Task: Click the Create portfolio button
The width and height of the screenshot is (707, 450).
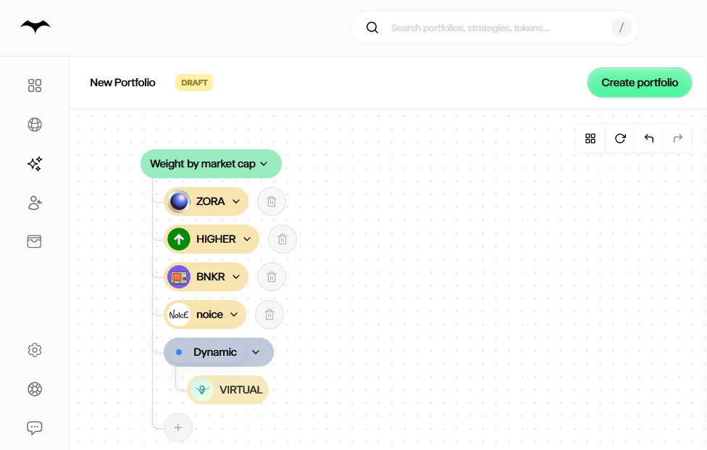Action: pyautogui.click(x=640, y=83)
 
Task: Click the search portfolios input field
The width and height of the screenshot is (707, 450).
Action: pyautogui.click(x=493, y=28)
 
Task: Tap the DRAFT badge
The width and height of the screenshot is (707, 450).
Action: pyautogui.click(x=194, y=83)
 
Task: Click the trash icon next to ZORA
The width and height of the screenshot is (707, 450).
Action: pyautogui.click(x=272, y=201)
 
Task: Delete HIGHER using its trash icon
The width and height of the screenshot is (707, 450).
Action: pyautogui.click(x=283, y=239)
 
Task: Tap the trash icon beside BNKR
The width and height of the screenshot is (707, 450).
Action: pyautogui.click(x=272, y=277)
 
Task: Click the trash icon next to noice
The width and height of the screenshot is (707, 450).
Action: pyautogui.click(x=269, y=314)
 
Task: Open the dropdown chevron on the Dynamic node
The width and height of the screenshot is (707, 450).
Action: pyautogui.click(x=256, y=352)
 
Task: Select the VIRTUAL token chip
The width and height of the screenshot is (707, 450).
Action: pyautogui.click(x=228, y=390)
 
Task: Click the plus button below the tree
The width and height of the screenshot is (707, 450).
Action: pyautogui.click(x=178, y=428)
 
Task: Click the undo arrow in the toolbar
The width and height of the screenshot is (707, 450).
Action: pyautogui.click(x=649, y=138)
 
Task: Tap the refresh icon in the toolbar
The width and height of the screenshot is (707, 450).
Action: pyautogui.click(x=620, y=138)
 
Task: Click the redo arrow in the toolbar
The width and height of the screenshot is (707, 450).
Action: pyautogui.click(x=678, y=138)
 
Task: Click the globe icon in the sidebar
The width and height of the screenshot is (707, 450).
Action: pyautogui.click(x=35, y=125)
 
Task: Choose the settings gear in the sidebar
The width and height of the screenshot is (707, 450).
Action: pyautogui.click(x=35, y=350)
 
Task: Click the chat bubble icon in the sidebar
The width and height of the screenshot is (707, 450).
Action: pyautogui.click(x=35, y=428)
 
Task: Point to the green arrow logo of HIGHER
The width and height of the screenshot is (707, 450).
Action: pyautogui.click(x=179, y=239)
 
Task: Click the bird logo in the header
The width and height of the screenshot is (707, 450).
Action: pyautogui.click(x=35, y=27)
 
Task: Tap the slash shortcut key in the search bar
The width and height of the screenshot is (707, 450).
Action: pyautogui.click(x=621, y=28)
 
